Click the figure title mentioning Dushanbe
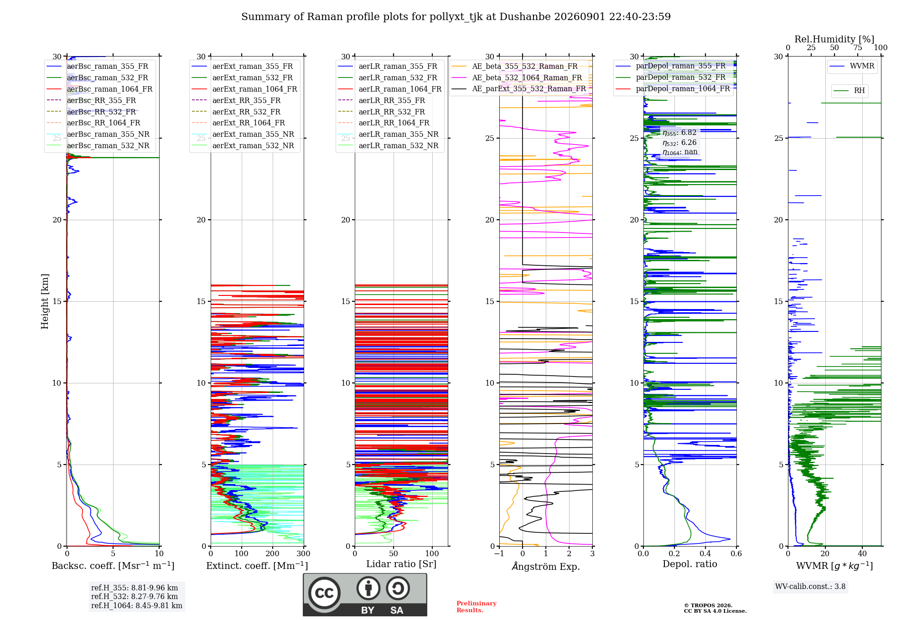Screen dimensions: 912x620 click(x=456, y=17)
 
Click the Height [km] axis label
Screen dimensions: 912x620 click(x=45, y=301)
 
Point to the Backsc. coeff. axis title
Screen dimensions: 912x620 click(x=113, y=565)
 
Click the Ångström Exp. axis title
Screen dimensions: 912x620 click(x=546, y=566)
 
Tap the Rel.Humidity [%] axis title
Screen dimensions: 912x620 click(x=834, y=39)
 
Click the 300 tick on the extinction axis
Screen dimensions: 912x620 click(x=304, y=553)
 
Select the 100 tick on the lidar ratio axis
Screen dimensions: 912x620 click(x=432, y=553)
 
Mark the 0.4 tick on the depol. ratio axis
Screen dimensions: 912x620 click(x=705, y=553)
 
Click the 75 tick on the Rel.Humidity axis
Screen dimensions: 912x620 click(x=858, y=47)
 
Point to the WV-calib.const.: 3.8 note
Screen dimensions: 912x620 click(x=810, y=587)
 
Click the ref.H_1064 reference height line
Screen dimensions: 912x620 click(x=137, y=605)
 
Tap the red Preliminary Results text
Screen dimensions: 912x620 click(x=477, y=607)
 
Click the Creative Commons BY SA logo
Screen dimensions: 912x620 click(x=365, y=594)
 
